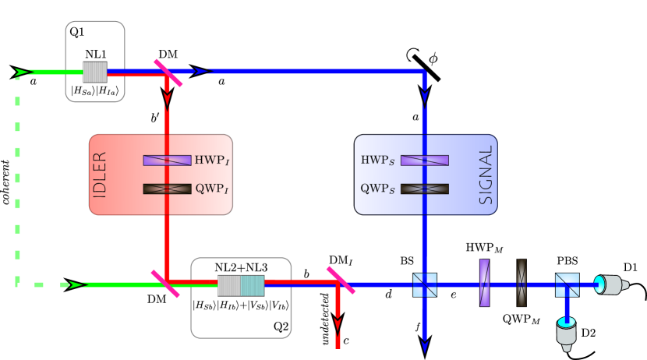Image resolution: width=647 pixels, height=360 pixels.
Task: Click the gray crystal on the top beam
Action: (95, 72)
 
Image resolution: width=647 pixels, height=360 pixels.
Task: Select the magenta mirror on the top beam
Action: (168, 73)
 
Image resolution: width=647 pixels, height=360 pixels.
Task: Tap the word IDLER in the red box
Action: (100, 175)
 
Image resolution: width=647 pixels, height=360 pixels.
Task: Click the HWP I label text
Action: (211, 161)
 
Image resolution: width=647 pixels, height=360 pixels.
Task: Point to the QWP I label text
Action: (211, 189)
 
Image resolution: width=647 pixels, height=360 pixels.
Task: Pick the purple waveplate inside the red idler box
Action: (167, 161)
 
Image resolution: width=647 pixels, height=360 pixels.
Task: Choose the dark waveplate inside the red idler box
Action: (167, 189)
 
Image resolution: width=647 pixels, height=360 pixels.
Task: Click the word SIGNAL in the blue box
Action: (486, 175)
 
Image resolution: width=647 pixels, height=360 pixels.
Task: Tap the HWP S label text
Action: (377, 161)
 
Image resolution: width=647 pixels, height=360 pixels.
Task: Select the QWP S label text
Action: (377, 189)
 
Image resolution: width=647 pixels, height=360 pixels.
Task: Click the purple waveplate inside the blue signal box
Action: (424, 161)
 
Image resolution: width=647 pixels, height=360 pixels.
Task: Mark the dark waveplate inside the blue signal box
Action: (424, 189)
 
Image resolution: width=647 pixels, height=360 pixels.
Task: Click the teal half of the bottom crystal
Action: (253, 285)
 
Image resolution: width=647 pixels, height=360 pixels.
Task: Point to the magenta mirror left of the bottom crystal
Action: (165, 284)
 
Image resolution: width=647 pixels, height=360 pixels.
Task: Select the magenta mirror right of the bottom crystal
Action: (341, 281)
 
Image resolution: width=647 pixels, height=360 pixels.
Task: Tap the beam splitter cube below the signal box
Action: (425, 285)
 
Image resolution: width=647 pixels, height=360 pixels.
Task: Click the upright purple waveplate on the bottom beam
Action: (484, 283)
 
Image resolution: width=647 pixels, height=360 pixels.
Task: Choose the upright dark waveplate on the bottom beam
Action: (521, 283)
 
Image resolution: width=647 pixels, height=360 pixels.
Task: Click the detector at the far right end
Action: (610, 284)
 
